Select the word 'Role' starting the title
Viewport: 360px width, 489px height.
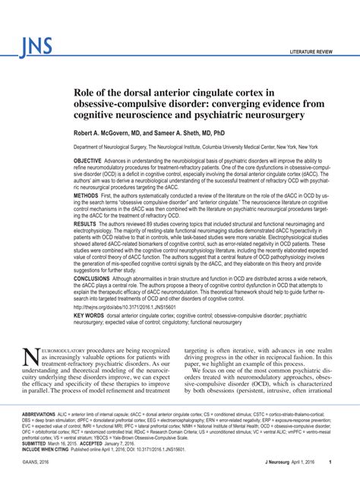(84, 91)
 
